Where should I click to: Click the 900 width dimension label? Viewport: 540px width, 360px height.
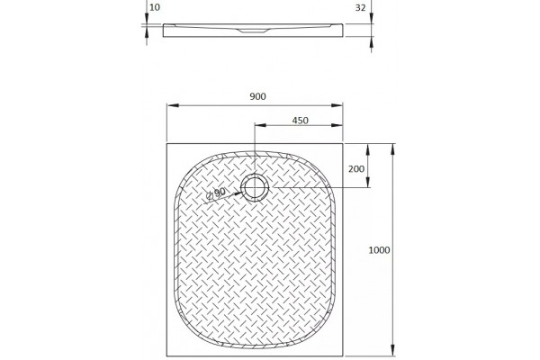click(257, 96)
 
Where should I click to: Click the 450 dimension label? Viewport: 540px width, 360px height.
click(300, 121)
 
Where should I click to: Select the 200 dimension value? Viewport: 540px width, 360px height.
click(356, 169)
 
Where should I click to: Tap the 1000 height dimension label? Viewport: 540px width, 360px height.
click(379, 250)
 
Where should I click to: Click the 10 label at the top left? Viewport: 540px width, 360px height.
click(156, 7)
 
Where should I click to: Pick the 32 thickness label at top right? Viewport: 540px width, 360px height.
click(360, 7)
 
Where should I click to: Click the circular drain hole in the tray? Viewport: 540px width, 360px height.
click(255, 187)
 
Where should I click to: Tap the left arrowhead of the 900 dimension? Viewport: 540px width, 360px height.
click(173, 105)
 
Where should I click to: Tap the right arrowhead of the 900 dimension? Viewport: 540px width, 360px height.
click(337, 105)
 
